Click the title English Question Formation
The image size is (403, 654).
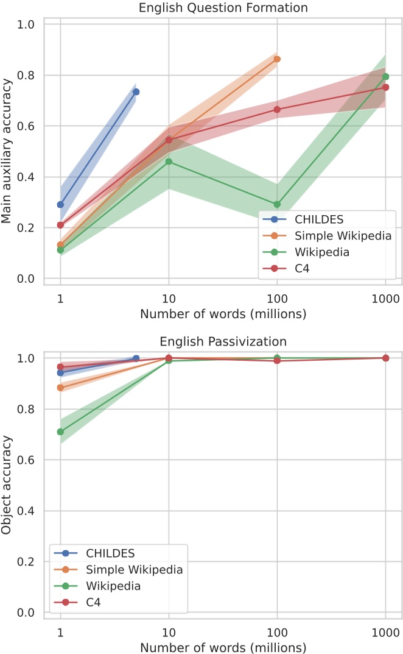222,8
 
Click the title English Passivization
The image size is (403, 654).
222,341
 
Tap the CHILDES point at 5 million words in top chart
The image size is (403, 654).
136,91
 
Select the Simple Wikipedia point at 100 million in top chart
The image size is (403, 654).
277,59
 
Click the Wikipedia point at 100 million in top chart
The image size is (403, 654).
277,204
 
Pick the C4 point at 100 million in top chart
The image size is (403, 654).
277,109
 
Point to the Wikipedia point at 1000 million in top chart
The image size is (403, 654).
385,76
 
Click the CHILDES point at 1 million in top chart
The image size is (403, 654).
60,205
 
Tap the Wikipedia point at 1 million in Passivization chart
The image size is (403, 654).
60,432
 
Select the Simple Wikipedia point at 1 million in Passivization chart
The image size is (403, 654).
60,388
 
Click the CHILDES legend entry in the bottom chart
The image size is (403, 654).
110,553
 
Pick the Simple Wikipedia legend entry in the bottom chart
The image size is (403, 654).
134,570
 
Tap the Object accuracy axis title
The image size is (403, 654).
8,485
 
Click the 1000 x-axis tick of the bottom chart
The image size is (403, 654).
385,631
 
